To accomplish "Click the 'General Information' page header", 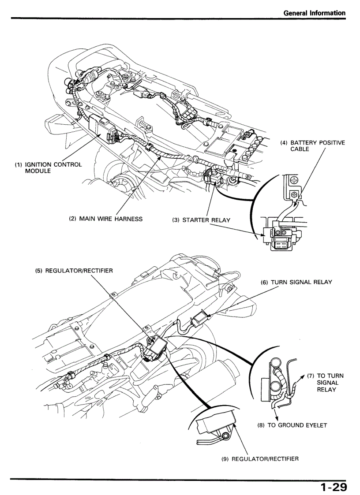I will [314, 13].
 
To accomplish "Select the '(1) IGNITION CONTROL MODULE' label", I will [49, 167].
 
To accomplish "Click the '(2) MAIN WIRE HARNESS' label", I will [106, 219].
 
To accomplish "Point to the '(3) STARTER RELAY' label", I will [201, 220].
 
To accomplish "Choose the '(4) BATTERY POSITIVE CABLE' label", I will [312, 146].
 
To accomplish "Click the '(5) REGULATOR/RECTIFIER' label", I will [74, 271].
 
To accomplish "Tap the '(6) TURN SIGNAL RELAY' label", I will [296, 282].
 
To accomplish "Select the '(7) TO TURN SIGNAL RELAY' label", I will [326, 383].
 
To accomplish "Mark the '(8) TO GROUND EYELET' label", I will [292, 425].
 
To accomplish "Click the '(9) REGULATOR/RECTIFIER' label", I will [260, 459].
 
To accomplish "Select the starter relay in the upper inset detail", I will [277, 238].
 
